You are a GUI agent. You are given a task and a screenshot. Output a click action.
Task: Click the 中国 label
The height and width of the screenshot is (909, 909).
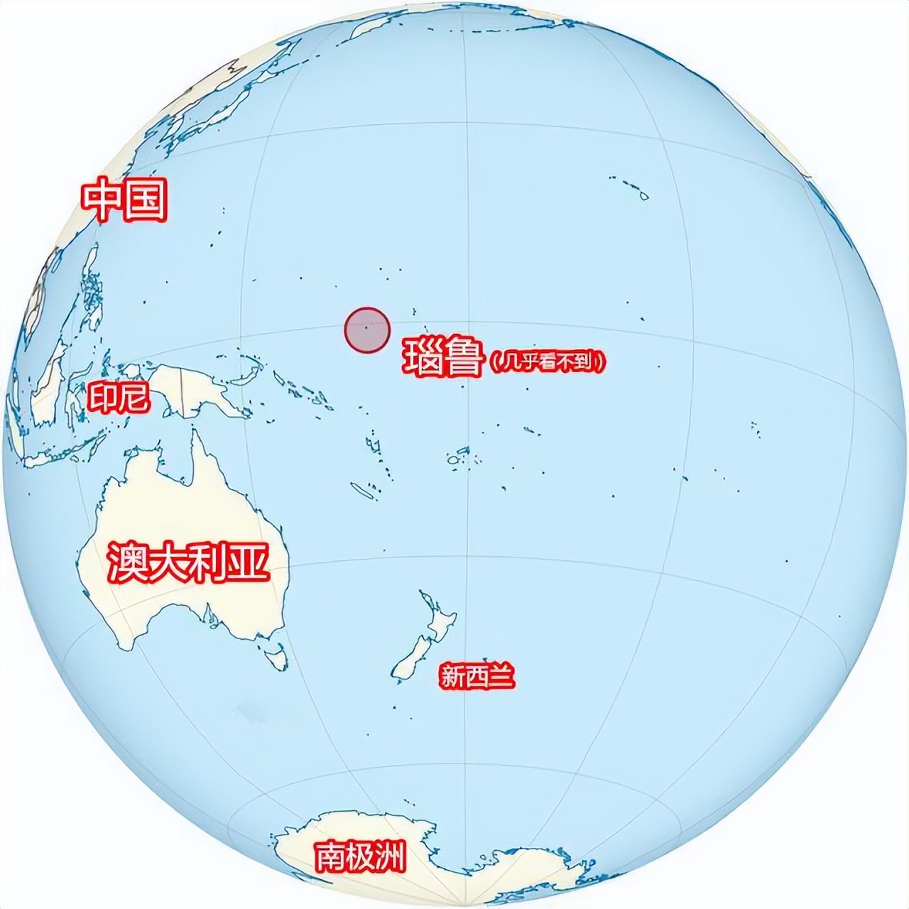(125, 201)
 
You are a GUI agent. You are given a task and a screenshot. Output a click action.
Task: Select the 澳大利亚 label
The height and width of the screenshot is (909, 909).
(188, 562)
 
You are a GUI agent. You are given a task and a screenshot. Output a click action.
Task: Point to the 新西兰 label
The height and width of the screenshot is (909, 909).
(476, 675)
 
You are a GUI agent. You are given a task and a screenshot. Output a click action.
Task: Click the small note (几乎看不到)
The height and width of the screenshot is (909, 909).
(548, 361)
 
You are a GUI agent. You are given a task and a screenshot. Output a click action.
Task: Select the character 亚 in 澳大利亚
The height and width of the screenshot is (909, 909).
(250, 562)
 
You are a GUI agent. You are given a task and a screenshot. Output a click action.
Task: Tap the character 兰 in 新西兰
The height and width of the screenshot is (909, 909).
(500, 675)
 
